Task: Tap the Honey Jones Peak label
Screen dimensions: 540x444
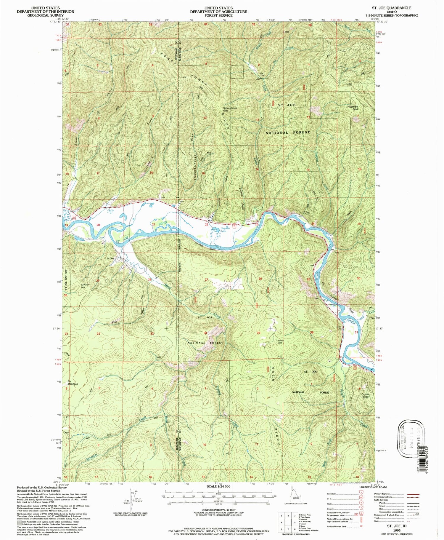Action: (x=230, y=109)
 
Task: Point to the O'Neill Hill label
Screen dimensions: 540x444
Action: (x=85, y=286)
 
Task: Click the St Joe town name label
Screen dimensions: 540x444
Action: (x=110, y=259)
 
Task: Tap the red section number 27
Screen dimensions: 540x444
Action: (x=206, y=280)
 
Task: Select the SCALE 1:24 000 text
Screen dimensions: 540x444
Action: (x=218, y=487)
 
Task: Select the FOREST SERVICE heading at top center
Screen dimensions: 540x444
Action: (x=218, y=15)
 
